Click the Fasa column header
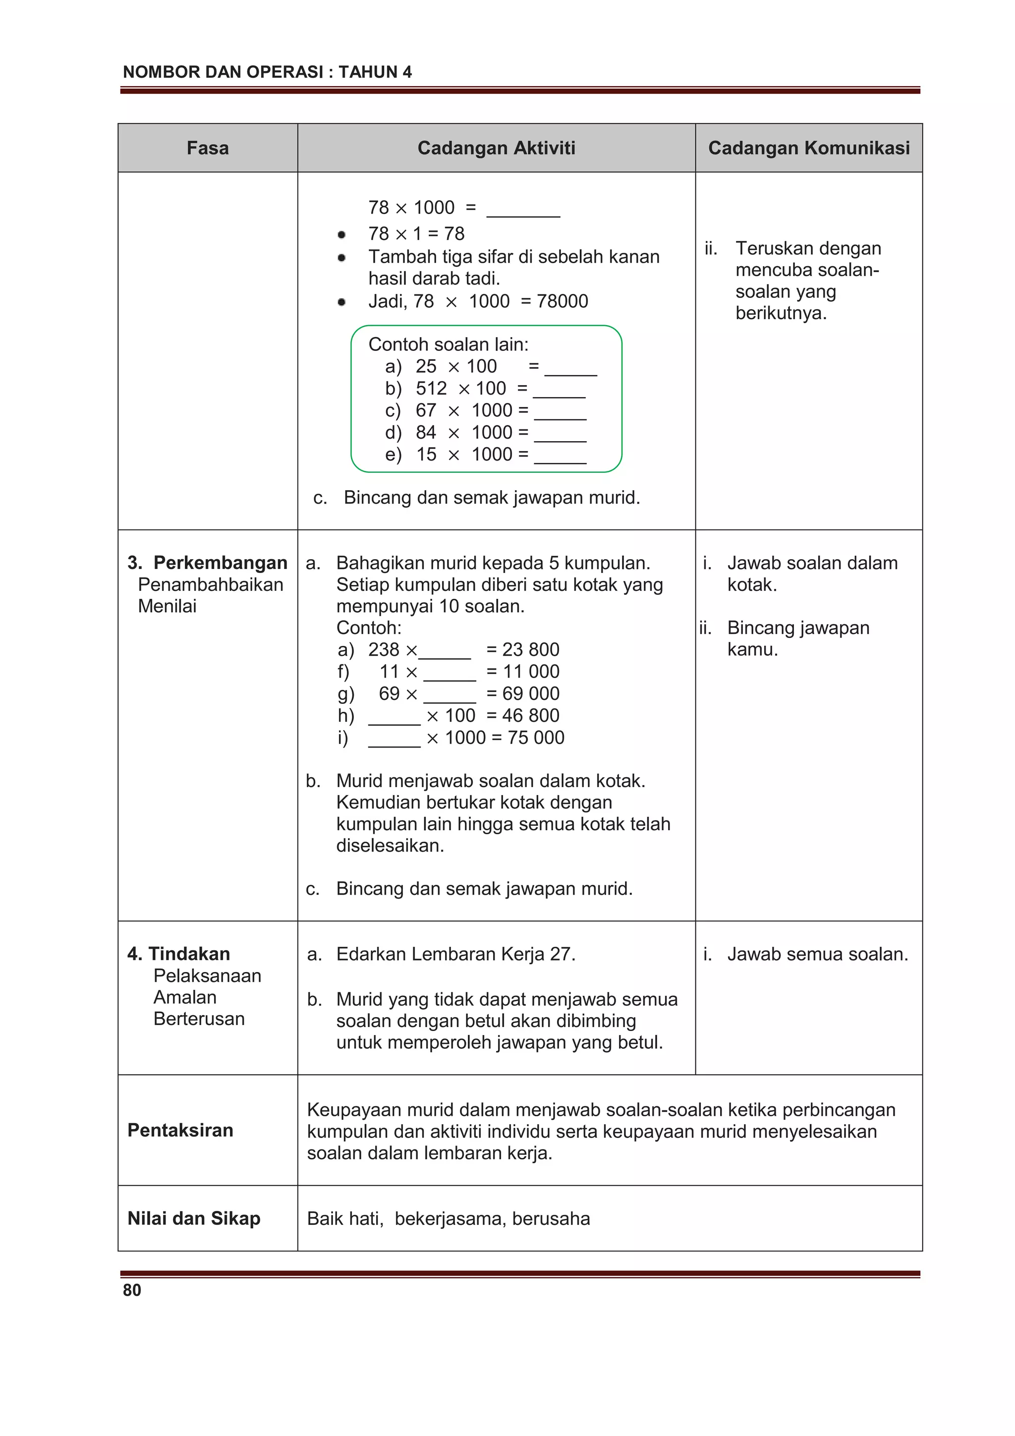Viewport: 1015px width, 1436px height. [x=208, y=148]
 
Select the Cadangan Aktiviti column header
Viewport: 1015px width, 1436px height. [x=496, y=148]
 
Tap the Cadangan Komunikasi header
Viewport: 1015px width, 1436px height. [x=809, y=148]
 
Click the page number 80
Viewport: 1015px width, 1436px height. [x=132, y=1290]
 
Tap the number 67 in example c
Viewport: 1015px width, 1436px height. [x=426, y=410]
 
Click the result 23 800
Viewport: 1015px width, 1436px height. [x=530, y=649]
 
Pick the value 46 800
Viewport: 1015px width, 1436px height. [x=530, y=715]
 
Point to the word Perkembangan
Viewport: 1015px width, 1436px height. [x=220, y=563]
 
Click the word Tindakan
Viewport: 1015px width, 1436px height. [x=189, y=954]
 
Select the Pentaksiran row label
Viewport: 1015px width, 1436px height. [x=180, y=1130]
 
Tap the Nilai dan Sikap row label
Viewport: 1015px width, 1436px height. [x=194, y=1218]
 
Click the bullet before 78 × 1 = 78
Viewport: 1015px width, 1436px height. [x=341, y=234]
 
